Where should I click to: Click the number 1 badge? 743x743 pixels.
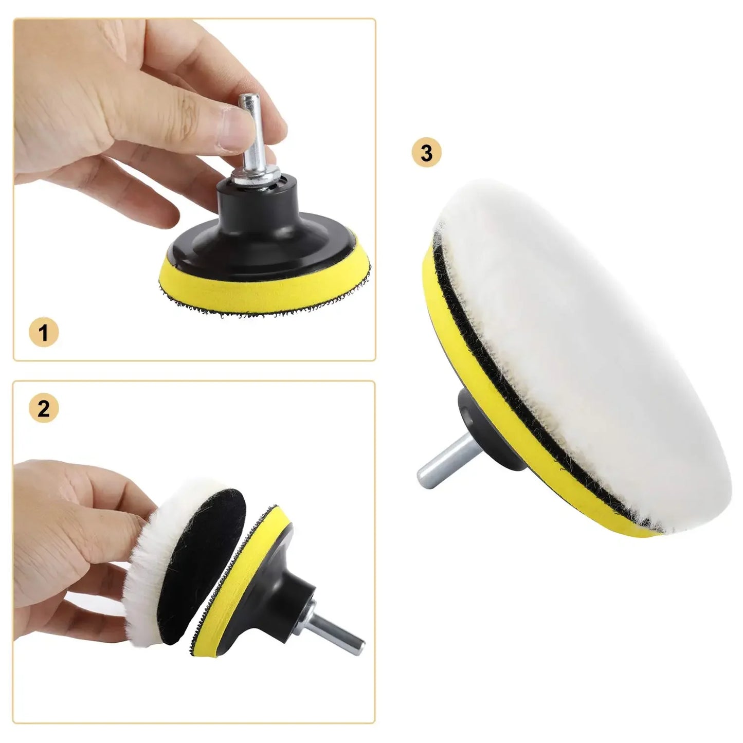tap(43, 332)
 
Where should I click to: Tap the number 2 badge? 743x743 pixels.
tap(43, 408)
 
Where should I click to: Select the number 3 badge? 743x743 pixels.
tap(427, 153)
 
